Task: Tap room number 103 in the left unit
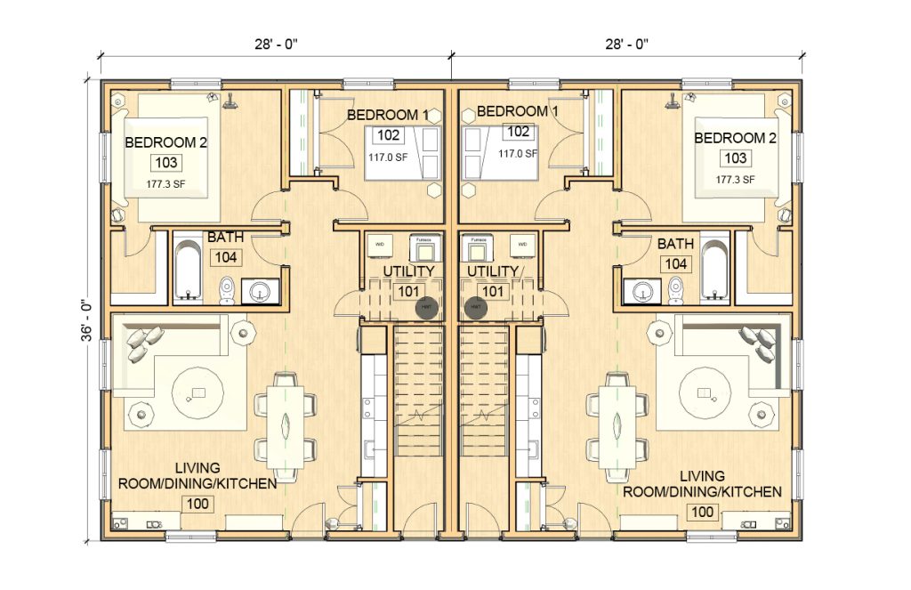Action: point(165,163)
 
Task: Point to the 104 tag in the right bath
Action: point(675,263)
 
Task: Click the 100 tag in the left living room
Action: point(197,504)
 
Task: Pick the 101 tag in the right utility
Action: point(492,291)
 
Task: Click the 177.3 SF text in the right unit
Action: point(735,179)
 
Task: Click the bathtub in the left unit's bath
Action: point(188,268)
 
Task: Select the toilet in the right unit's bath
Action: point(676,287)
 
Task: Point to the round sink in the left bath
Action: point(260,291)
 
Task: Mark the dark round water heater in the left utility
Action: point(428,308)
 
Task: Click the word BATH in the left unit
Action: point(225,238)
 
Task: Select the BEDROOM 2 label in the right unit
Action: point(735,139)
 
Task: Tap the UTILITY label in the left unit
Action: point(408,271)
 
